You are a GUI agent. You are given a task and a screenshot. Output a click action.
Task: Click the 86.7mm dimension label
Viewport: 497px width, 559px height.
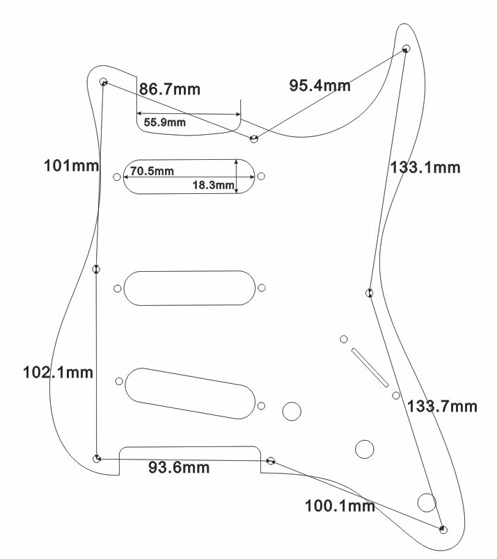pyautogui.click(x=170, y=89)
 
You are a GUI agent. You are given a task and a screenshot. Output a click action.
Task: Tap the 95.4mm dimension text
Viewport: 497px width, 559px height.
pyautogui.click(x=319, y=86)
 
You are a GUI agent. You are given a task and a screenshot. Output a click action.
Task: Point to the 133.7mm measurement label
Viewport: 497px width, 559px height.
pyautogui.click(x=443, y=406)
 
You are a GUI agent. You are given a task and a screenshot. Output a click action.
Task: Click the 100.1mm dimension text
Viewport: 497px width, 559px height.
pyautogui.click(x=340, y=505)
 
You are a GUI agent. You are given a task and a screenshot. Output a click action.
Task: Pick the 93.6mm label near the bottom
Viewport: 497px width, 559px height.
pyautogui.click(x=179, y=467)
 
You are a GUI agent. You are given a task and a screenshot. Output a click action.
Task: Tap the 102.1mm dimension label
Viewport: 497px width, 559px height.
pyautogui.click(x=58, y=372)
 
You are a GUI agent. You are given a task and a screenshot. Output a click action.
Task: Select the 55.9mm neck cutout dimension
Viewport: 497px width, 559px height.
pyautogui.click(x=165, y=123)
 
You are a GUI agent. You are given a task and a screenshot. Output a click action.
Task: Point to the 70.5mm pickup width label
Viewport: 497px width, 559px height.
pyautogui.click(x=152, y=170)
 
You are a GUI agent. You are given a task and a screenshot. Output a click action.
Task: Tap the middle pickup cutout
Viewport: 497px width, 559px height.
pyautogui.click(x=187, y=288)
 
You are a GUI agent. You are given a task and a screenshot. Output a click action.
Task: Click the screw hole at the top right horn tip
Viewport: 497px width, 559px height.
pyautogui.click(x=407, y=49)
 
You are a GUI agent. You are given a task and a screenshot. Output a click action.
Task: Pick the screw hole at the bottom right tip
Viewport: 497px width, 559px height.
pyautogui.click(x=443, y=530)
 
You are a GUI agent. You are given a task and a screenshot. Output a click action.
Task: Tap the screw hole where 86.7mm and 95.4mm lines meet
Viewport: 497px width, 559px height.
pyautogui.click(x=255, y=139)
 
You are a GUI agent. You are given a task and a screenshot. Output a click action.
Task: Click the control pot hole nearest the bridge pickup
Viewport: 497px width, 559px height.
pyautogui.click(x=292, y=411)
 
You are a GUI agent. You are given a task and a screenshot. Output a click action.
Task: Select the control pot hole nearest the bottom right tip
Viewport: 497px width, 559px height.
pyautogui.click(x=426, y=501)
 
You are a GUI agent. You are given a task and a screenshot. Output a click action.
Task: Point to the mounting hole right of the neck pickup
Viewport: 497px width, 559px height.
pyautogui.click(x=261, y=177)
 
